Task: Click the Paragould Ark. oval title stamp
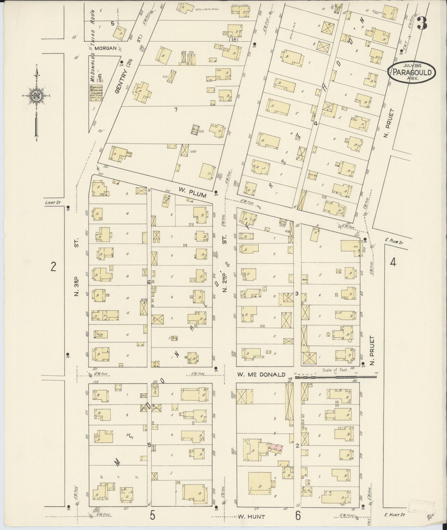coord(412,72)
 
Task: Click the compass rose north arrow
coord(36,96)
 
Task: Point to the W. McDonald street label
coord(261,375)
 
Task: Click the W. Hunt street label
coord(251,516)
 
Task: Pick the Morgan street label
coord(106,48)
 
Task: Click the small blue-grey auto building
coord(194,130)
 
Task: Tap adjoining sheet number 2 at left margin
coord(53,267)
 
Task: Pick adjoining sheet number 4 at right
coord(393,262)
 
